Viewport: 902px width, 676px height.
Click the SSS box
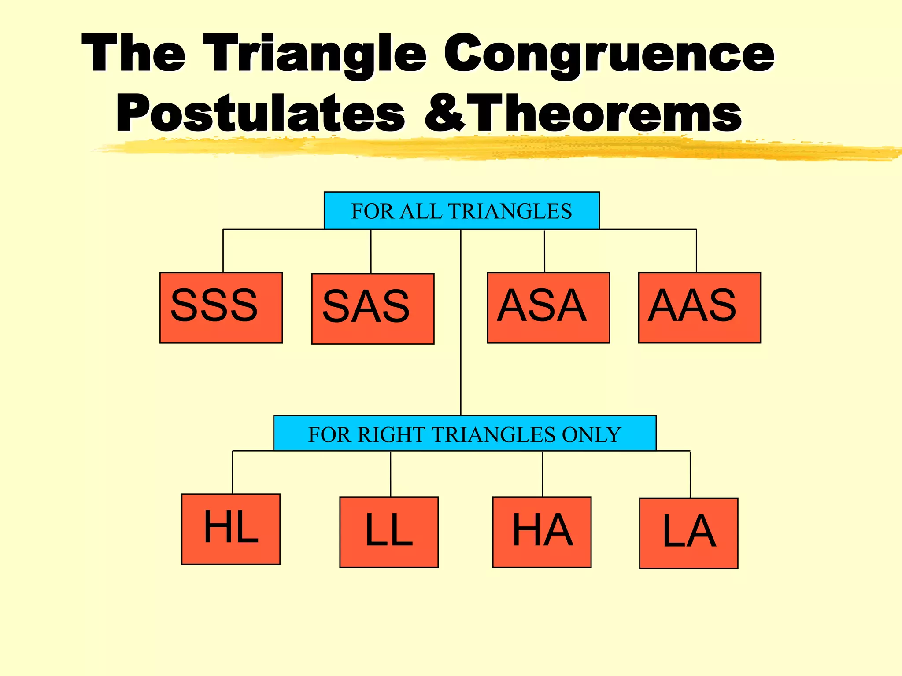click(221, 308)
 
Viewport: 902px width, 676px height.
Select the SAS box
click(373, 309)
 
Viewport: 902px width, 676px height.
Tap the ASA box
click(548, 308)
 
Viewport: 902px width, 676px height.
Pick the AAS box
click(699, 308)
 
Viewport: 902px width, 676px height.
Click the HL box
click(231, 529)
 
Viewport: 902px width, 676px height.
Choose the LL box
click(389, 532)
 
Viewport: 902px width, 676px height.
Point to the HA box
click(542, 532)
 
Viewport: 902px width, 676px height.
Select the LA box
click(688, 533)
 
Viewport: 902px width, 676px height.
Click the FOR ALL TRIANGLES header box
click(462, 211)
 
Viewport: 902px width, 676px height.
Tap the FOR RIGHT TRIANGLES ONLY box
click(465, 434)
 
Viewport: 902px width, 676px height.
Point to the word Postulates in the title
click(260, 114)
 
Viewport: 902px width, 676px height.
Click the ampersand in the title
click(444, 114)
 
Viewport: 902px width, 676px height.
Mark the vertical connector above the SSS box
click(223, 251)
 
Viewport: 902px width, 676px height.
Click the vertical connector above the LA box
click(690, 474)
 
